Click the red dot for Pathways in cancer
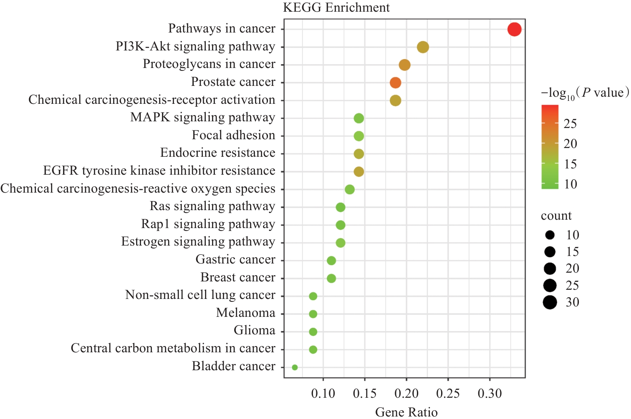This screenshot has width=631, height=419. (514, 30)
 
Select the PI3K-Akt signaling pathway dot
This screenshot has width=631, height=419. (423, 47)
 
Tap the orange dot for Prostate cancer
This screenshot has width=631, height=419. (395, 83)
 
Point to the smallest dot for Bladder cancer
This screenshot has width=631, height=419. (295, 367)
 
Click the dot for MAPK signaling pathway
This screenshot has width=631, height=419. (358, 118)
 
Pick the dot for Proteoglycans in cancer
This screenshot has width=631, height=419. (404, 65)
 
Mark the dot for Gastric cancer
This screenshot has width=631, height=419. (331, 261)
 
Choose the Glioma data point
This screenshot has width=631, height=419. (313, 332)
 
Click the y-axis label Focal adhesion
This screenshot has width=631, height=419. (233, 135)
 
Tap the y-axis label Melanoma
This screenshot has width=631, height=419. (245, 313)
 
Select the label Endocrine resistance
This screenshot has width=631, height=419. (217, 153)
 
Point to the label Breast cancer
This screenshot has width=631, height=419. (237, 278)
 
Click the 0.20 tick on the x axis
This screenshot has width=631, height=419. (406, 394)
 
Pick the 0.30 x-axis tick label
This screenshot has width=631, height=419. (490, 394)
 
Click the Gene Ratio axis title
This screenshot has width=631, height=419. (406, 412)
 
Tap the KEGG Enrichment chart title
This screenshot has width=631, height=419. (336, 8)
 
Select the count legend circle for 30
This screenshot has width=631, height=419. (550, 302)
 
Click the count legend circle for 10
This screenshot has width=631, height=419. (550, 235)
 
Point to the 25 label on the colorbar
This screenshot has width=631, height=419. (570, 124)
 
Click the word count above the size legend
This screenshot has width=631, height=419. (556, 216)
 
